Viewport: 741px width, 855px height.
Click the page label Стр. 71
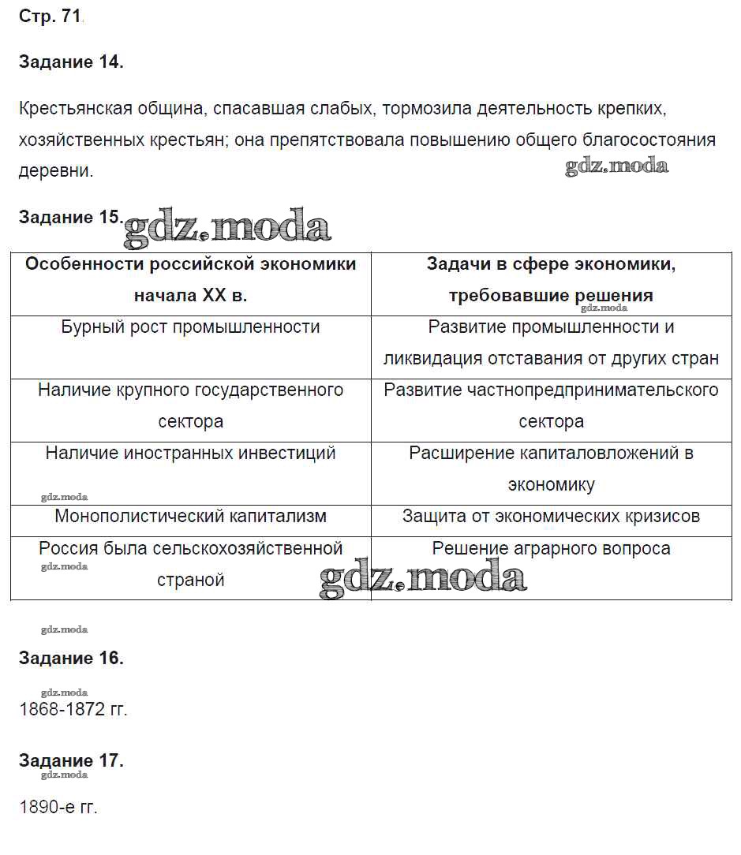[x=50, y=17]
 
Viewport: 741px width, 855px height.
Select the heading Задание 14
[x=71, y=63]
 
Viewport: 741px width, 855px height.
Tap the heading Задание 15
[x=69, y=218]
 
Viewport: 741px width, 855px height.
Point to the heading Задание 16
[x=71, y=658]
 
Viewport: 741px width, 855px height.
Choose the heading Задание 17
[x=71, y=760]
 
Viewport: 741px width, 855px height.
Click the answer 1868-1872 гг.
[x=73, y=709]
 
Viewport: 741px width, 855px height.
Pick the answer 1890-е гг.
[x=58, y=808]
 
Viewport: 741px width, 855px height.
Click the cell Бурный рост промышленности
[x=190, y=327]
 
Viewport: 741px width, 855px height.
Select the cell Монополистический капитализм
[x=190, y=516]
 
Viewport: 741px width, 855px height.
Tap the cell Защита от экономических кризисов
[x=551, y=516]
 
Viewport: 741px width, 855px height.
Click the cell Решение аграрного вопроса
[x=551, y=547]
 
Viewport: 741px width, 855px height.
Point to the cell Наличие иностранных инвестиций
[x=190, y=453]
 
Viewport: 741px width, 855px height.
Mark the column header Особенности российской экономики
[x=190, y=279]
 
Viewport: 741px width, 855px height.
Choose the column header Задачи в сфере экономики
[x=551, y=279]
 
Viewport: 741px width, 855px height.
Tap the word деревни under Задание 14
[x=55, y=170]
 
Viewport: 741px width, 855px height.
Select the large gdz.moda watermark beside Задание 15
[x=227, y=227]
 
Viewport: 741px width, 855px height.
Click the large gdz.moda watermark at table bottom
[x=422, y=578]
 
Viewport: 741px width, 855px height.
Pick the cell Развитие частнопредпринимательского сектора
[x=551, y=405]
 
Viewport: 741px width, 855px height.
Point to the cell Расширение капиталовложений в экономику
[x=551, y=469]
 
